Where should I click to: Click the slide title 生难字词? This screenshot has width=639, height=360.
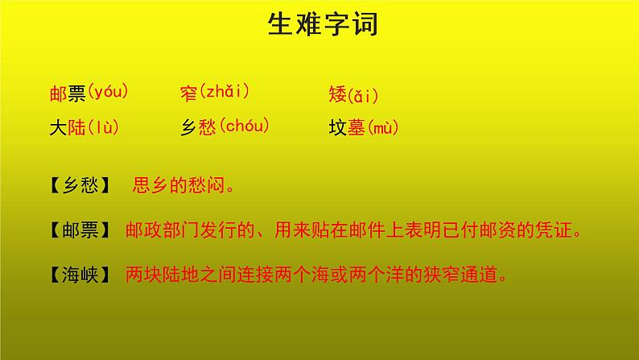(321, 26)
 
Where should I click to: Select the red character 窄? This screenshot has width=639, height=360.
(188, 95)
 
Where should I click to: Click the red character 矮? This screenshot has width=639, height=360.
(338, 95)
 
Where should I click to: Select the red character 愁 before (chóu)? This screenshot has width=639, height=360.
(207, 126)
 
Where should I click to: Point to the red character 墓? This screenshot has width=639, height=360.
(357, 126)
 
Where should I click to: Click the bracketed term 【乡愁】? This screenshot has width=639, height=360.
(80, 186)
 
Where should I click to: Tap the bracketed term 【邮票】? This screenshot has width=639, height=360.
(80, 230)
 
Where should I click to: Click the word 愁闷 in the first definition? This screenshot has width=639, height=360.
(204, 186)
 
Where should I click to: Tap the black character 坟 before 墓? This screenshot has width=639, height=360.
(338, 126)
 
